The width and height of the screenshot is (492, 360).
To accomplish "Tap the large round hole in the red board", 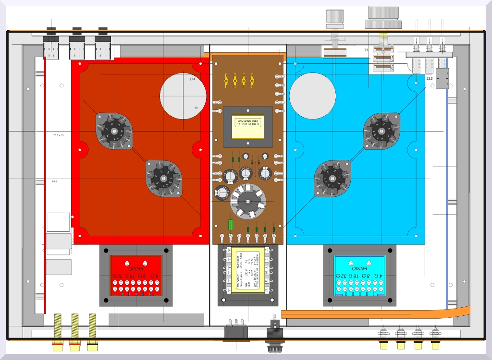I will point(183,96).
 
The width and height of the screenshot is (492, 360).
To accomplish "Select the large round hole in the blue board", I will point(312,96).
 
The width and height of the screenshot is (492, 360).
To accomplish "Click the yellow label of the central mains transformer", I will point(247,276).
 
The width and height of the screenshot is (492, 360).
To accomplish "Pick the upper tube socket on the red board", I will point(114,131).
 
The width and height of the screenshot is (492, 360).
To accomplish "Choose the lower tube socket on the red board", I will point(164,179).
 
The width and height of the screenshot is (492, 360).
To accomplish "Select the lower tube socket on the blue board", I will point(332,179).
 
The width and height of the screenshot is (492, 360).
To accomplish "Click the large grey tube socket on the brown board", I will point(248,201).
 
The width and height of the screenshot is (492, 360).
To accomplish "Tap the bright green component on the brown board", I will point(231,225).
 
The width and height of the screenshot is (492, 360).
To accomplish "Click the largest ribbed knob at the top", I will point(383,17).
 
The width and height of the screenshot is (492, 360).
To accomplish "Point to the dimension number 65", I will point(366,49).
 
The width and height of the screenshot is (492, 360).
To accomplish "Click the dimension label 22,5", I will point(429,78).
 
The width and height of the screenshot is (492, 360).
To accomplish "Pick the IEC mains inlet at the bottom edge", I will point(236,333).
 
